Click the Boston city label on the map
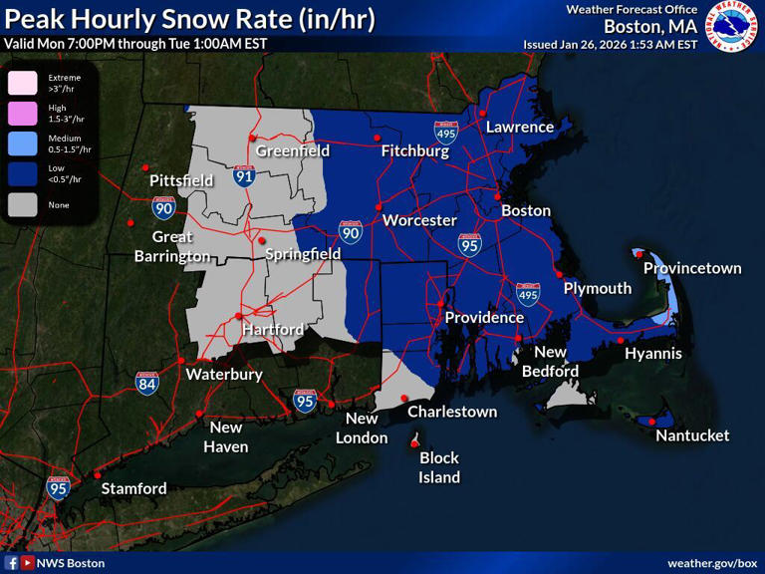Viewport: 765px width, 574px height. coord(525,210)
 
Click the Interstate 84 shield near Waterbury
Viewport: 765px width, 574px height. coord(146,383)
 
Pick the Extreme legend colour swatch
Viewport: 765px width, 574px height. coord(23,82)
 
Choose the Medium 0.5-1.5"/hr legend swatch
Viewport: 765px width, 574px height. coord(23,143)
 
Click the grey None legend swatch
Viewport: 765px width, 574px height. coord(23,204)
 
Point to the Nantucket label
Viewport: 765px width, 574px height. coord(692,435)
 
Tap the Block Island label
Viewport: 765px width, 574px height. coord(438,467)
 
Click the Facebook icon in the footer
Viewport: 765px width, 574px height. coord(11,563)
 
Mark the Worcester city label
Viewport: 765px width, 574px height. coord(419,220)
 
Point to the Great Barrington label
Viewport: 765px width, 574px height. coord(172,246)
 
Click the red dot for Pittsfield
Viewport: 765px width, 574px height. coord(145,167)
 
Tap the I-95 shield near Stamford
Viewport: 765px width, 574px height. coord(58,487)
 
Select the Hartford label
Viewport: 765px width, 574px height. coord(270,329)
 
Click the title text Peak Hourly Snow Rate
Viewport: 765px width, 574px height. coord(189,20)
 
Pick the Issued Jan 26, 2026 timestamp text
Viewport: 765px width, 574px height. coord(610,45)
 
